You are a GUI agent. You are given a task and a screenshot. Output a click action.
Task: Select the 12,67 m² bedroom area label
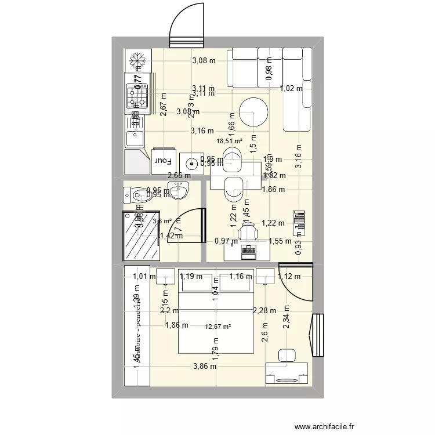click(x=218, y=327)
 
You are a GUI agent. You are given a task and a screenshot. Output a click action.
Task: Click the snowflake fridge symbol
click(x=137, y=60)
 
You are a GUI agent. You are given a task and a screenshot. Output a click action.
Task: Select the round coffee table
click(x=253, y=112)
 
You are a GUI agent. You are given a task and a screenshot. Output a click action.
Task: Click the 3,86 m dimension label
click(x=205, y=366)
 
